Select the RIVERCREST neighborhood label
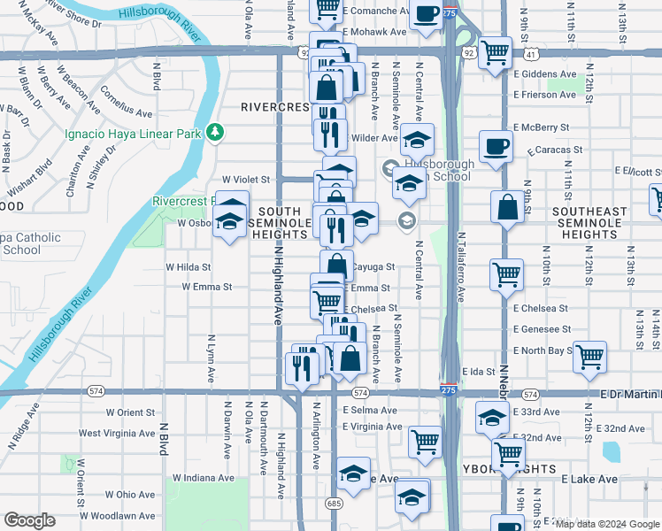click(275, 107)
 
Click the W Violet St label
click(245, 179)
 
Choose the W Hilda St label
click(189, 266)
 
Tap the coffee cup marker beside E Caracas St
click(496, 146)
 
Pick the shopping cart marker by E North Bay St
click(589, 357)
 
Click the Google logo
click(30, 520)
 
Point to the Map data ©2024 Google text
click(606, 524)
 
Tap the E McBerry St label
click(540, 127)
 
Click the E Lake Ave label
click(589, 479)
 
